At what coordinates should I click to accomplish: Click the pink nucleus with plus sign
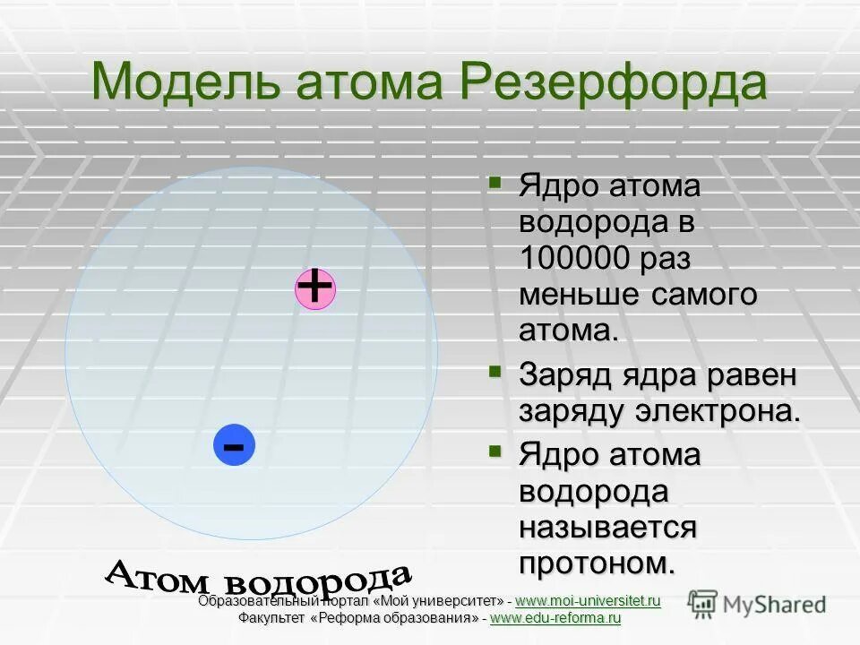315,288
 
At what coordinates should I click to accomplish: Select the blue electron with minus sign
235,445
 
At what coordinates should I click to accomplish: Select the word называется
607,527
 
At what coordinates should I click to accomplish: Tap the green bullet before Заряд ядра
495,370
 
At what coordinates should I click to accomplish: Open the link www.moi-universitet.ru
588,600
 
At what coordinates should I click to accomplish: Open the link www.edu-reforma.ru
555,618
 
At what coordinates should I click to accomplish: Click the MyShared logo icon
703,603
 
